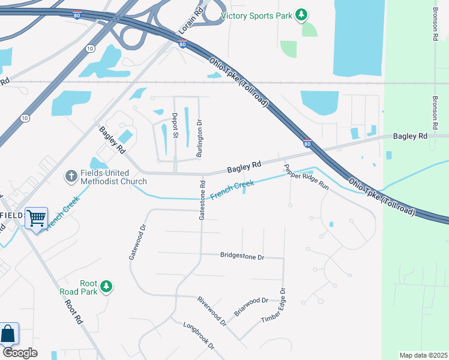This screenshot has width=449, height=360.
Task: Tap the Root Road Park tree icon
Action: click(106, 286)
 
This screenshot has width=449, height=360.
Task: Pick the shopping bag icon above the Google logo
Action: click(8, 334)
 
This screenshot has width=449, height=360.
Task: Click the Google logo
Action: click(20, 353)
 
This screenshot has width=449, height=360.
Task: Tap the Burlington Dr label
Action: click(199, 139)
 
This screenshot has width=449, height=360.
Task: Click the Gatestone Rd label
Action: click(202, 200)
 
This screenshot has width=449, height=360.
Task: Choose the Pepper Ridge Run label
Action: click(307, 177)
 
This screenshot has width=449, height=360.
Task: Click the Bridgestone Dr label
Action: click(243, 256)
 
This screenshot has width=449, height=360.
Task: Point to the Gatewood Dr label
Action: click(137, 242)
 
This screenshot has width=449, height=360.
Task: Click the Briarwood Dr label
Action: click(251, 306)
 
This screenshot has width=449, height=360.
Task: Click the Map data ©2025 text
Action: click(423, 355)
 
